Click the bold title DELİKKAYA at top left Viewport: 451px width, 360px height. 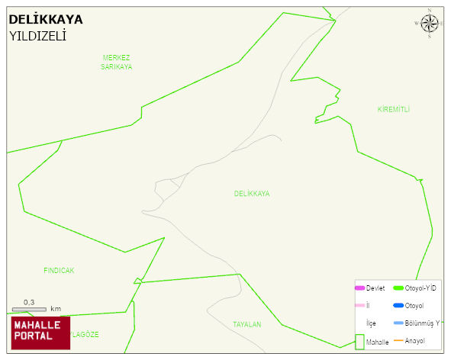(x=46, y=20)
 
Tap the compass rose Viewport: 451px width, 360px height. (x=430, y=24)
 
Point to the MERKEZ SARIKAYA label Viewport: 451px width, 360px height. (x=117, y=62)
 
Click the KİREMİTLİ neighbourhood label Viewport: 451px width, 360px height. (x=394, y=110)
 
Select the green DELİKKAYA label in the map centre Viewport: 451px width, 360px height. (x=252, y=194)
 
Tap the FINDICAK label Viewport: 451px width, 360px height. (x=59, y=271)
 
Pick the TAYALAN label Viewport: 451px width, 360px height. (x=247, y=324)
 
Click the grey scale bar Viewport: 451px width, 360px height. (x=29, y=309)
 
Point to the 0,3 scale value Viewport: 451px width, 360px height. (x=29, y=302)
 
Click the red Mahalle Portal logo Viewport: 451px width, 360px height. (x=40, y=333)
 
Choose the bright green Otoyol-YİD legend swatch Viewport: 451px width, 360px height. (x=398, y=288)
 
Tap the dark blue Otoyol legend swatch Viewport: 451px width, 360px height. (x=398, y=306)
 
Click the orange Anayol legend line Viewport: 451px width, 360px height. (x=398, y=340)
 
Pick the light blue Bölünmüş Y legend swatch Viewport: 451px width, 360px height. (x=398, y=323)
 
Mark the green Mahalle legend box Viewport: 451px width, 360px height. (x=359, y=342)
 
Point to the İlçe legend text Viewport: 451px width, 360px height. (x=372, y=323)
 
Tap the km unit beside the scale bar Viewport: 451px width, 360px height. (x=55, y=309)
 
